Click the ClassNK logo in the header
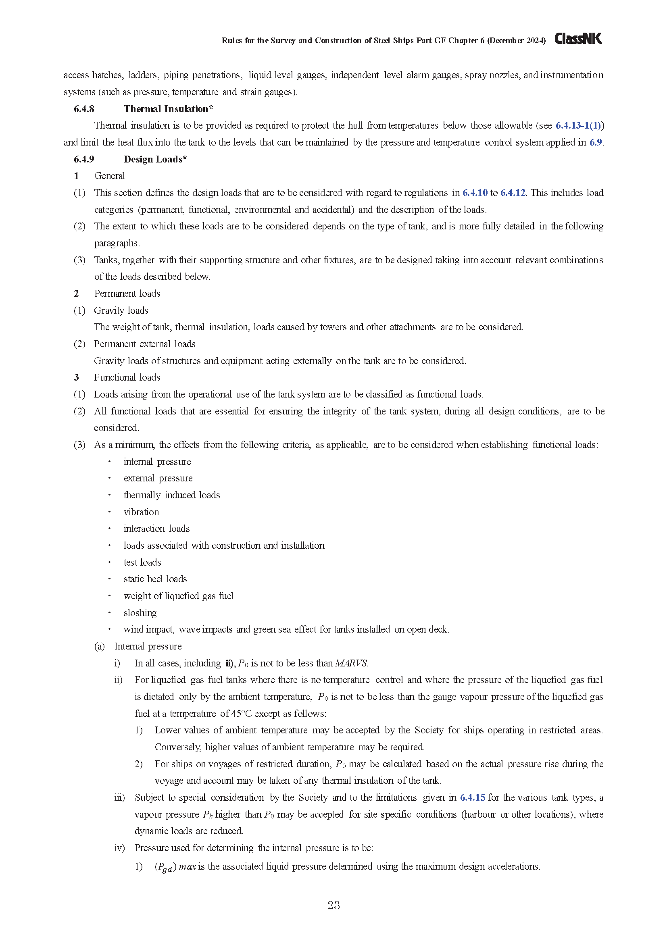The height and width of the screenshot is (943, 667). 578,39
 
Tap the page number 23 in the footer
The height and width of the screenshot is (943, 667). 333,905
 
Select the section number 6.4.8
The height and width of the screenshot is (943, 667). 84,109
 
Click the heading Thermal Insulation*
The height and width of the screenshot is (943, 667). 169,109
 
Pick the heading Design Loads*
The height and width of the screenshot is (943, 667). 155,159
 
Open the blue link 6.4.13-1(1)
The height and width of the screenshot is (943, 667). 578,126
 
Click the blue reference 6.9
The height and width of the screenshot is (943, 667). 596,142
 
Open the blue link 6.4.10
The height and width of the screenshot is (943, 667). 475,193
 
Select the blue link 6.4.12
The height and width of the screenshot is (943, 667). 513,193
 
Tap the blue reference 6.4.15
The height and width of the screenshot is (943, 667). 472,797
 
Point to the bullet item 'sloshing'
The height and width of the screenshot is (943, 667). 140,613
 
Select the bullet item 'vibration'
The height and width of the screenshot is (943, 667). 141,512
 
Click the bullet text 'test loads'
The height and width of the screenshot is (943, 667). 142,562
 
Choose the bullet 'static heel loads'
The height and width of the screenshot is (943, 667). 155,579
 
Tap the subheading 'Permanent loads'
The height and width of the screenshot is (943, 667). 127,293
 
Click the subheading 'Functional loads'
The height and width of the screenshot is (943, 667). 127,377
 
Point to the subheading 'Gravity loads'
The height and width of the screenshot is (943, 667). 121,310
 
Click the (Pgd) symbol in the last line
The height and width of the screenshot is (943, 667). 165,867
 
